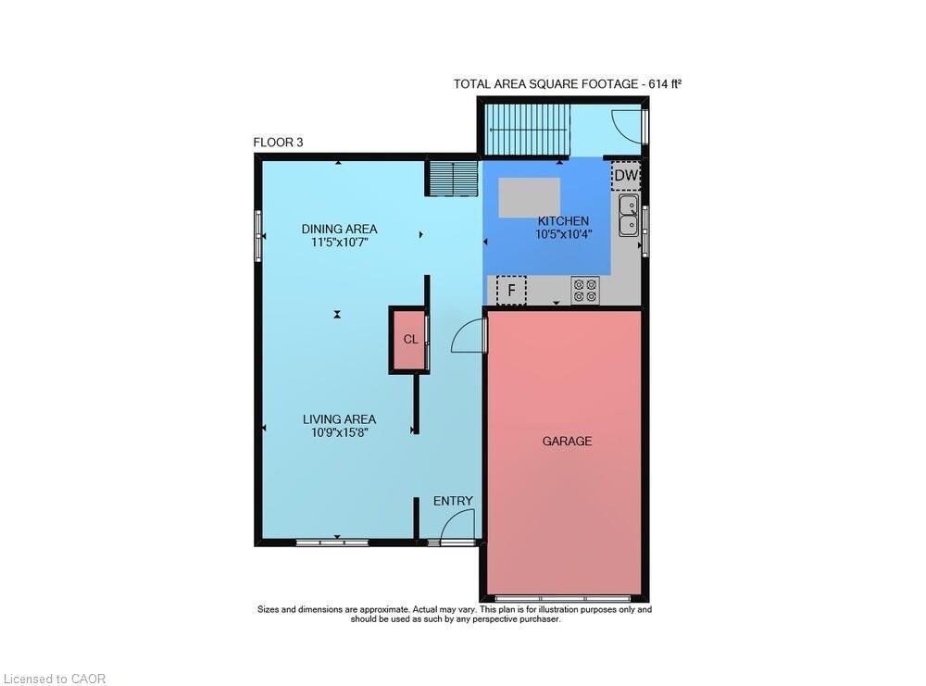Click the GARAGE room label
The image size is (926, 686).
(x=567, y=442)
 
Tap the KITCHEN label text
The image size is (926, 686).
(x=563, y=221)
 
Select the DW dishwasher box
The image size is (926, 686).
(x=626, y=174)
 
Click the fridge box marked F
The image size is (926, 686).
(x=511, y=290)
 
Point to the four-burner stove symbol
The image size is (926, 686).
(x=585, y=291)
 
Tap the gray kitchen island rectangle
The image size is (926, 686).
(x=530, y=197)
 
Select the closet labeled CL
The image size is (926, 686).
(x=410, y=340)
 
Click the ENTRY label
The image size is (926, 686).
(x=453, y=501)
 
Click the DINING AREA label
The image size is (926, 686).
(x=339, y=229)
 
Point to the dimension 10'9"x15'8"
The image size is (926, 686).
(x=339, y=432)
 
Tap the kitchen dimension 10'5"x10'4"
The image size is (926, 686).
(x=563, y=234)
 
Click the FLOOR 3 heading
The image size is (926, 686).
(x=278, y=143)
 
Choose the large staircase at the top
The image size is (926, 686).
(x=526, y=130)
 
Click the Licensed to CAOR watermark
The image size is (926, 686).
(x=54, y=679)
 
